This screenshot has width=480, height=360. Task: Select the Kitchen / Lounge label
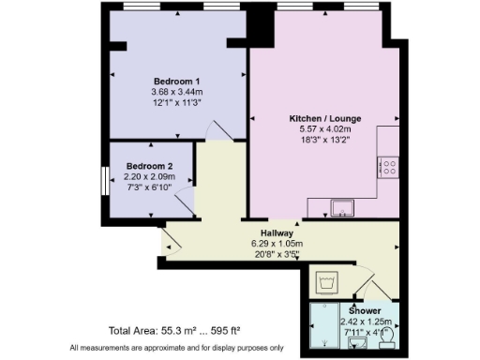tap(324, 119)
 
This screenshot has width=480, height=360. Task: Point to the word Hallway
tap(279, 232)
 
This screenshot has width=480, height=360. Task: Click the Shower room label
tap(365, 310)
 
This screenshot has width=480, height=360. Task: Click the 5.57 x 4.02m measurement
tap(324, 130)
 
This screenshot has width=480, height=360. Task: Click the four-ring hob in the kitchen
tap(388, 167)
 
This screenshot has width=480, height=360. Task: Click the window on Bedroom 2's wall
tap(105, 180)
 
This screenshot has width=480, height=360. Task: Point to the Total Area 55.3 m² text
tap(174, 331)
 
